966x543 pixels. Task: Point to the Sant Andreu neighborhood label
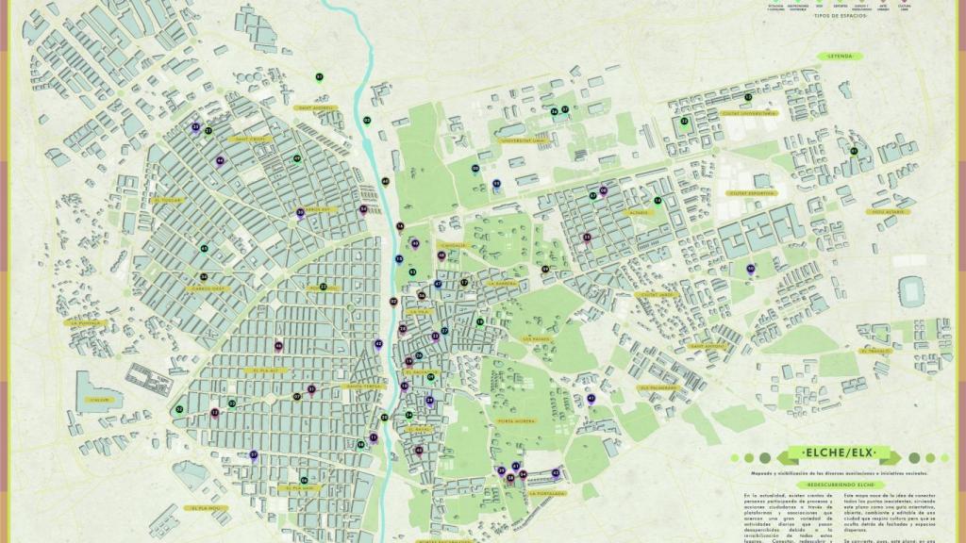point(317,107)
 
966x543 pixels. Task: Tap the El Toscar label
point(169,200)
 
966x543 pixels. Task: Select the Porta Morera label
point(516,420)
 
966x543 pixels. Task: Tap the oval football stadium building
point(913,287)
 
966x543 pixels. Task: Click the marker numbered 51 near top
point(320,77)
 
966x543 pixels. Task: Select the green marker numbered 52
point(685,122)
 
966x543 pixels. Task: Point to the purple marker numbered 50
point(751,270)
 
